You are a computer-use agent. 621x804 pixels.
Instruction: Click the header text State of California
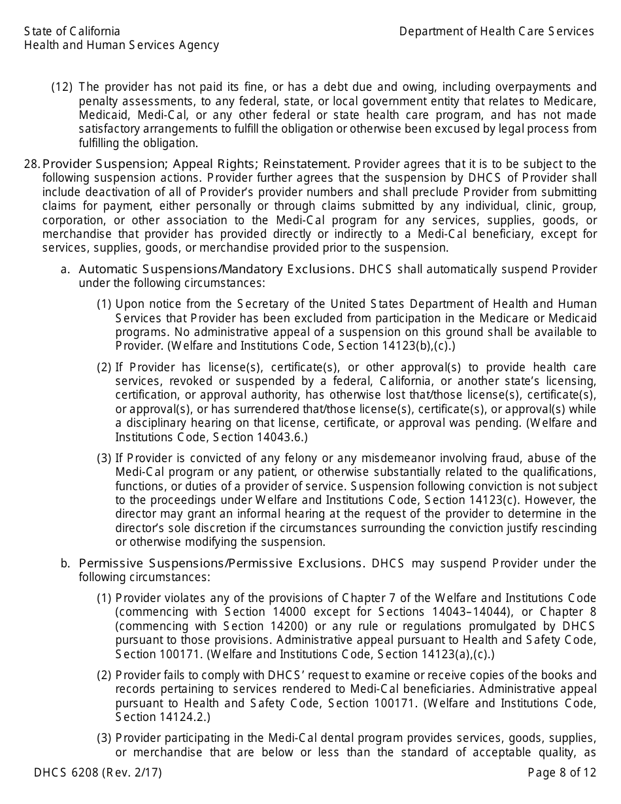(x=72, y=31)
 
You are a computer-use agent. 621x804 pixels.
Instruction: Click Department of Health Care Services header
(x=496, y=31)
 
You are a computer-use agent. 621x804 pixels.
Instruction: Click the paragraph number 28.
(x=31, y=164)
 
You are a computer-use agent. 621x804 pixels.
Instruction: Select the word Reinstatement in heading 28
(x=307, y=164)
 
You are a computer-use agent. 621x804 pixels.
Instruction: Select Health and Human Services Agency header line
(x=122, y=45)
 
